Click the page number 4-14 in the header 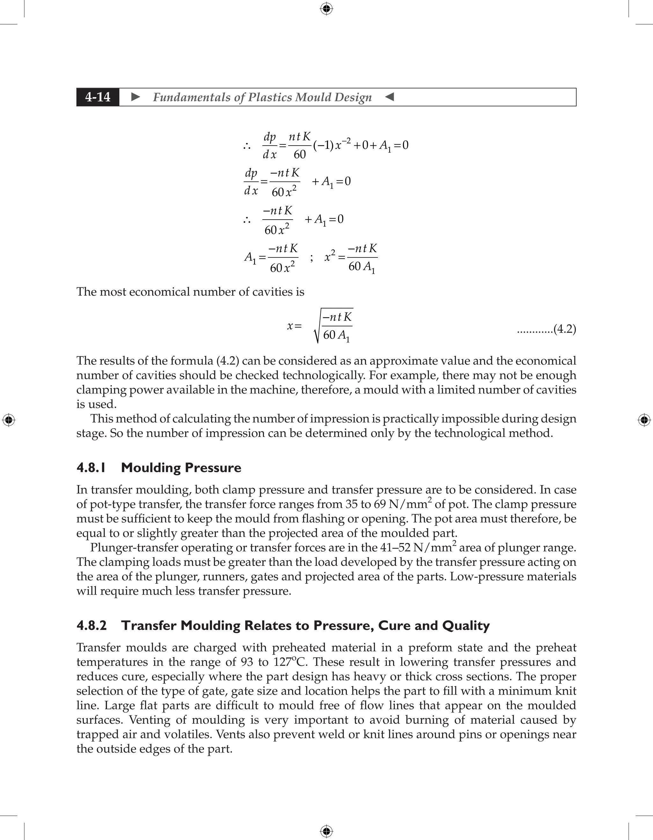pyautogui.click(x=98, y=97)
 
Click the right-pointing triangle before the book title pyautogui.click(x=136, y=97)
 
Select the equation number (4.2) pyautogui.click(x=564, y=329)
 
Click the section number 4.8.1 pyautogui.click(x=91, y=468)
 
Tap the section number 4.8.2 pyautogui.click(x=92, y=626)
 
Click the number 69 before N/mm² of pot pyautogui.click(x=380, y=504)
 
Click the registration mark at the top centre pyautogui.click(x=326, y=9)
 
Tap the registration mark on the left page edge pyautogui.click(x=9, y=420)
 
